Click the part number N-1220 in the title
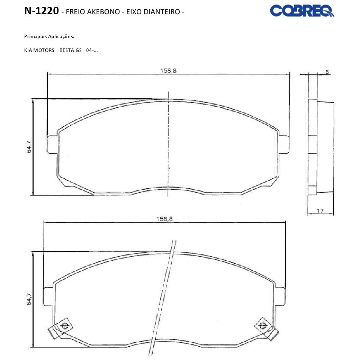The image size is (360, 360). point(42,11)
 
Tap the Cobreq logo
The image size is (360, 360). point(302,11)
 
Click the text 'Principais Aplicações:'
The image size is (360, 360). point(49,36)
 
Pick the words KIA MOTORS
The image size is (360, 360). point(39,50)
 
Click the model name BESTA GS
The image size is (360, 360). point(71,50)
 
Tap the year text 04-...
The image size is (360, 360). point(92,50)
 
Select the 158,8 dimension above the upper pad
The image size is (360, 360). point(169,71)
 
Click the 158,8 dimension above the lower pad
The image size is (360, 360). point(164,219)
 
